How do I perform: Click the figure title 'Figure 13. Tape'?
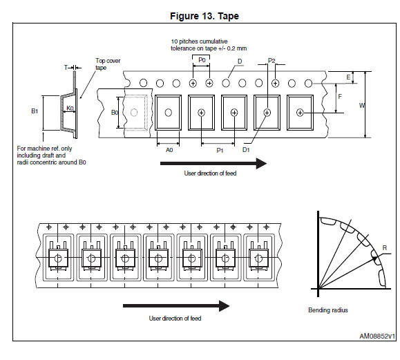204,16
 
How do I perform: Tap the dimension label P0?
202,60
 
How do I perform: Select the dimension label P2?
272,61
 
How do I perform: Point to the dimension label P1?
220,150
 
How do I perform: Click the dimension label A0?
169,150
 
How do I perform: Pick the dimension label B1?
35,111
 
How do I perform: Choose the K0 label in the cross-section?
70,108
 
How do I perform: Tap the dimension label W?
362,105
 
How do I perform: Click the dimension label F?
340,97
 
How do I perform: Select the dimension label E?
348,77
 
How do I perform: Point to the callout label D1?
246,150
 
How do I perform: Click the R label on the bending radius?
385,247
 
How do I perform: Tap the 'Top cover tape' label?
108,64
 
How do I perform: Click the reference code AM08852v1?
377,336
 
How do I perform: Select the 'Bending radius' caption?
328,310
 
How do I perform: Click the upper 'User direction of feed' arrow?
213,163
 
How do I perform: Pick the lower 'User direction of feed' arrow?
176,306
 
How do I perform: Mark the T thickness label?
66,68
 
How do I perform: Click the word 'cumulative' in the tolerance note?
213,41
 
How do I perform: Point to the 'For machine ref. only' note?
44,149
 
